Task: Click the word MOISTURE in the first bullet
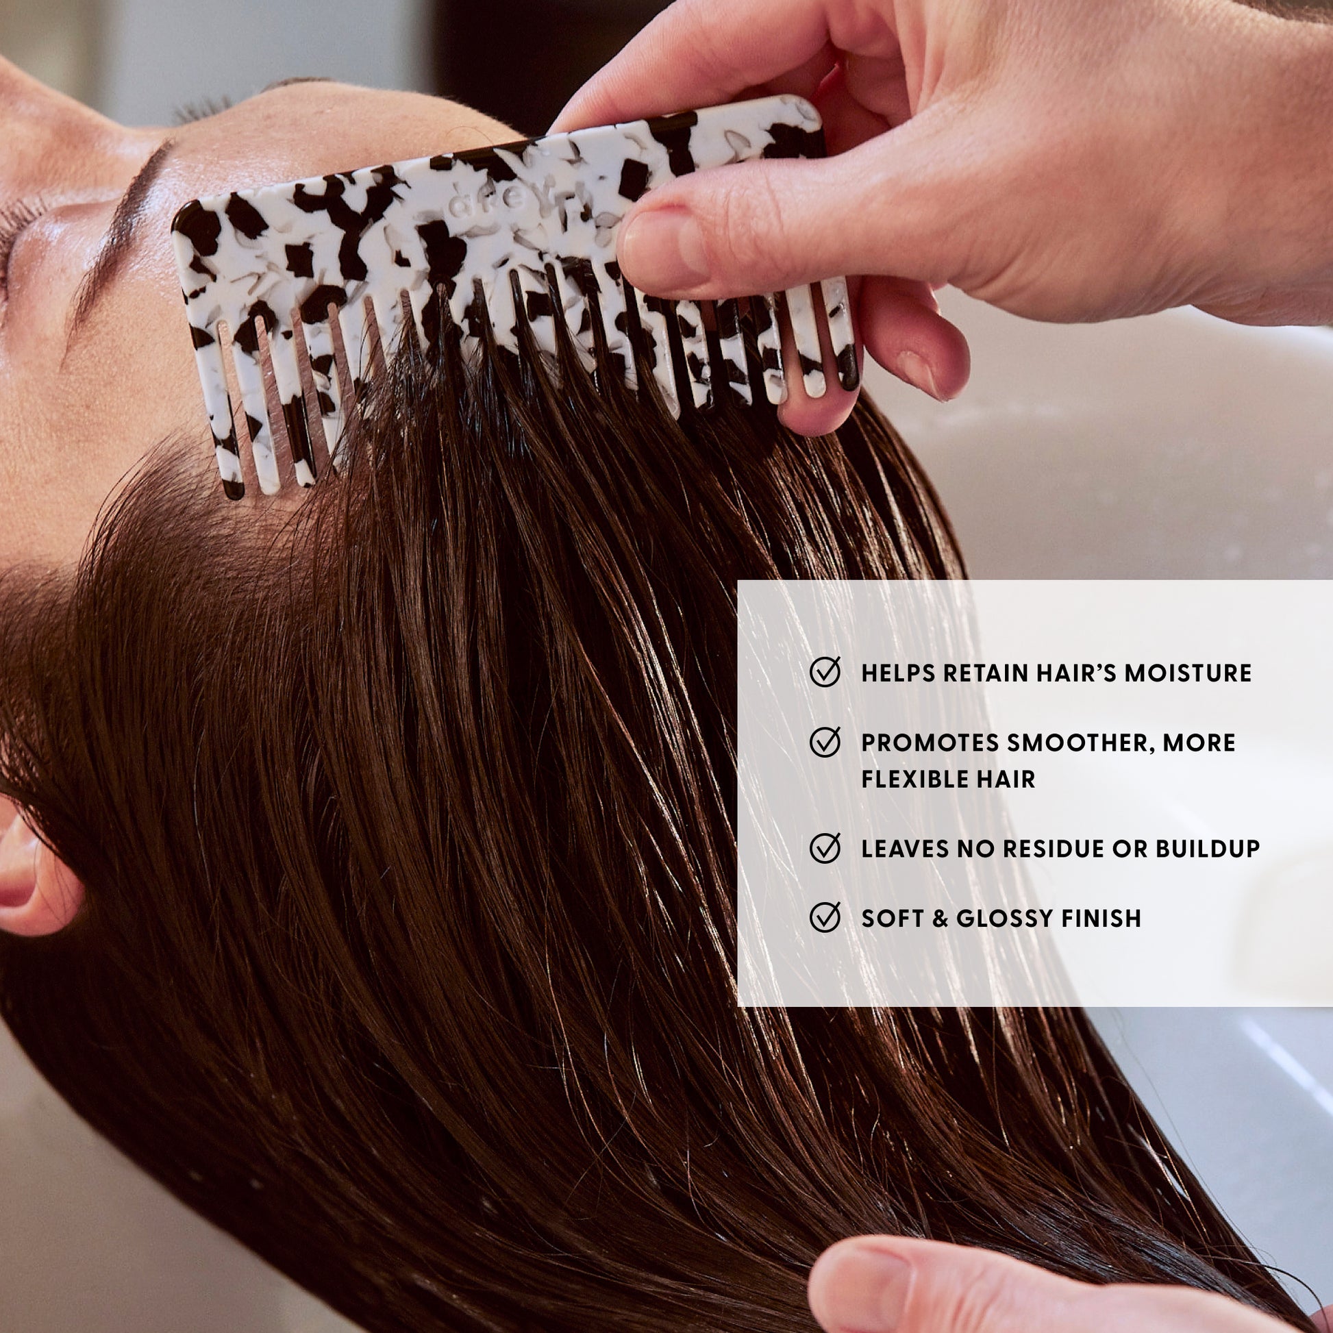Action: pyautogui.click(x=1187, y=673)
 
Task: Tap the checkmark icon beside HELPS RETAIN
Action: pyautogui.click(x=825, y=671)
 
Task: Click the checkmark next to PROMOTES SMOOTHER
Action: pyautogui.click(x=825, y=742)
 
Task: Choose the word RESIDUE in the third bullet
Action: pyautogui.click(x=1052, y=849)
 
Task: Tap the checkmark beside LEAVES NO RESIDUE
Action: pyautogui.click(x=825, y=848)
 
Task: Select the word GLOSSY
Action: pyautogui.click(x=1004, y=919)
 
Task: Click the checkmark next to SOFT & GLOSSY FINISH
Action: pyautogui.click(x=825, y=918)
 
